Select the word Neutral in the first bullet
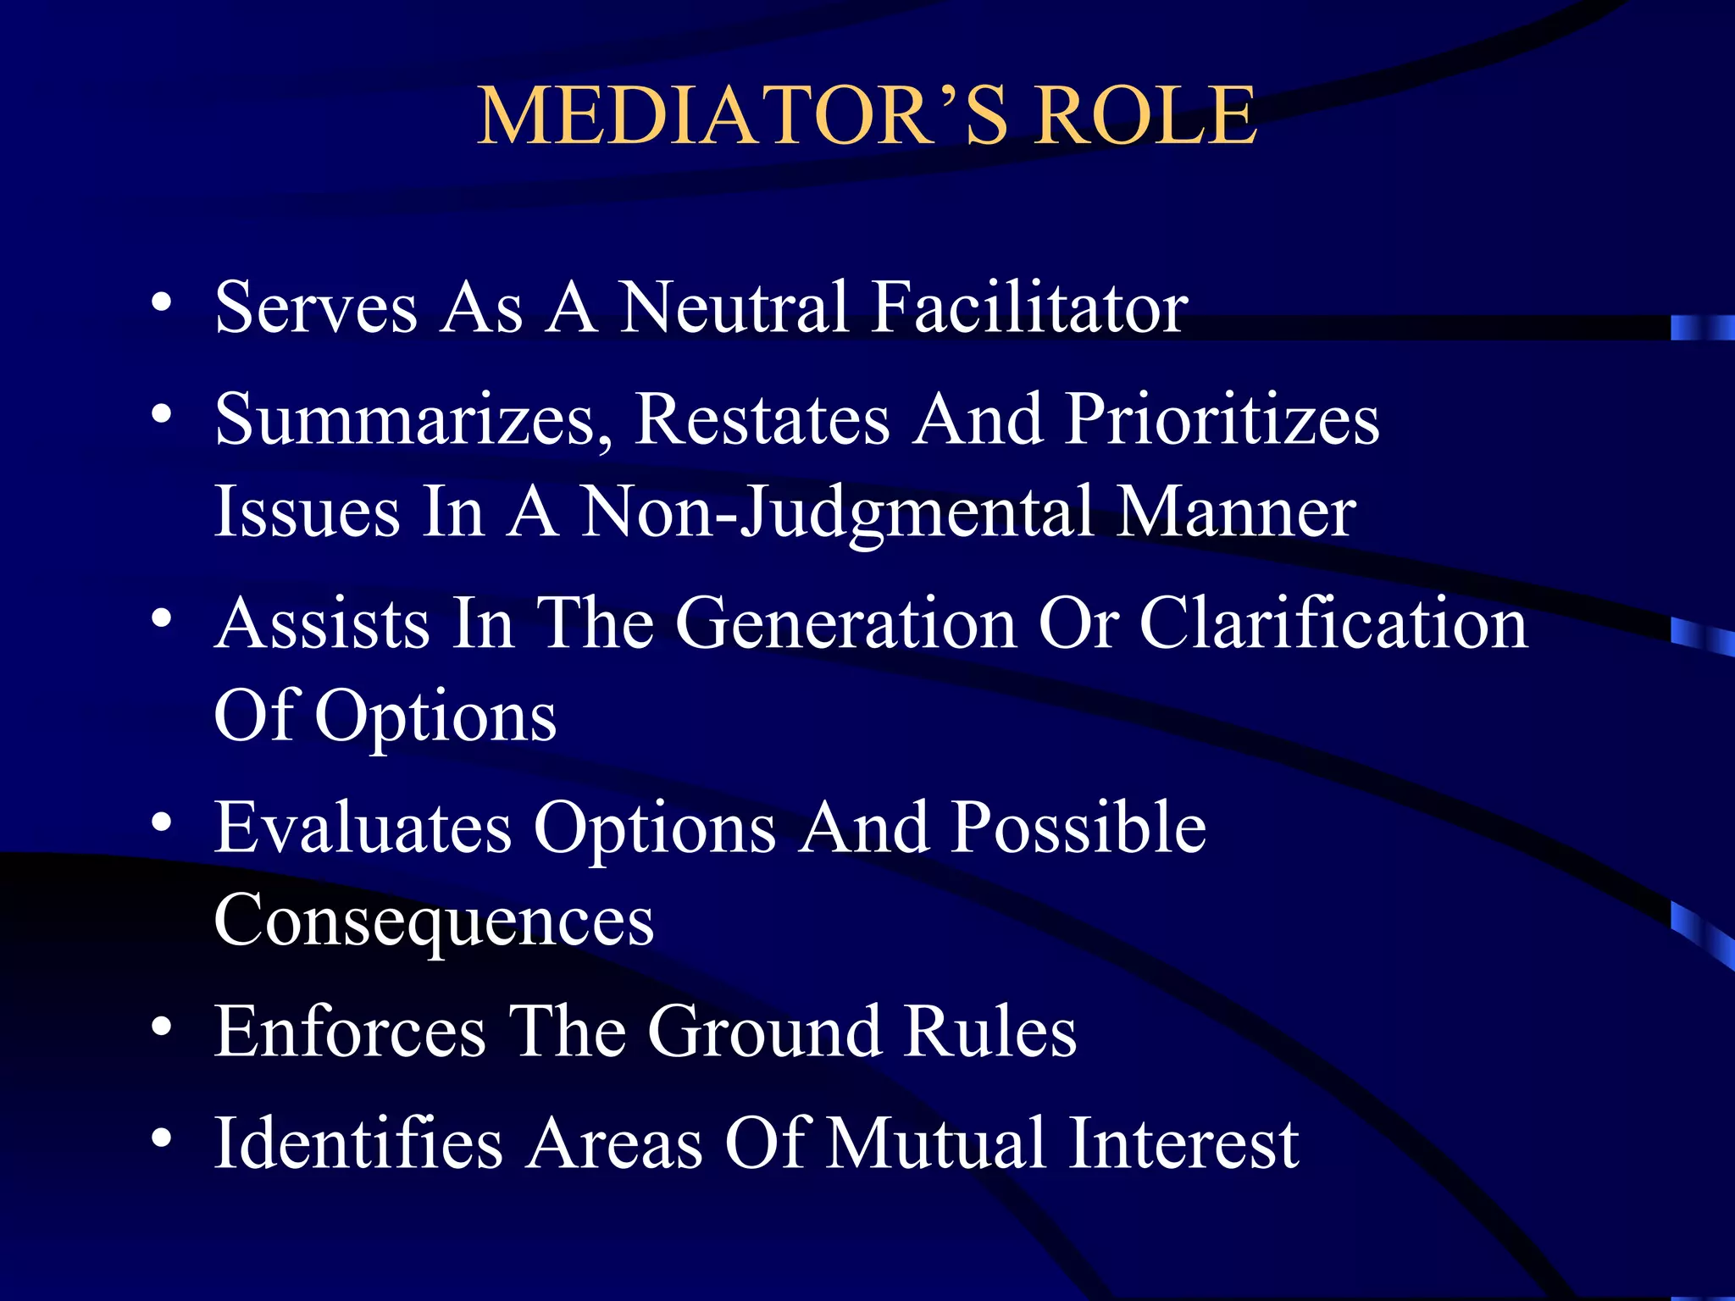click(734, 307)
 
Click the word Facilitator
click(1029, 307)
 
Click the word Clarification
click(1333, 623)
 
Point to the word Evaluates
click(363, 828)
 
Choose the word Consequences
click(434, 921)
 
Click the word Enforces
click(350, 1032)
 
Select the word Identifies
click(358, 1143)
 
